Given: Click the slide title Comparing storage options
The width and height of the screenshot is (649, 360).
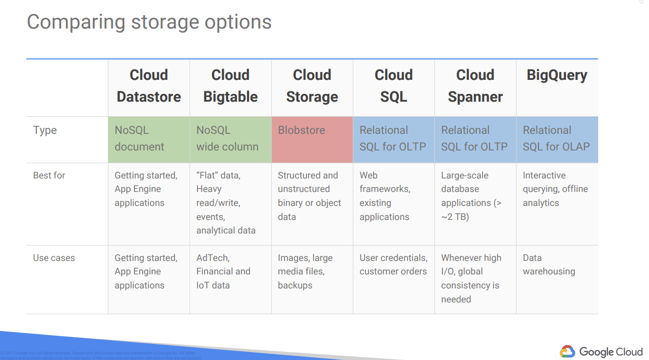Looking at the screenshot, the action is (149, 22).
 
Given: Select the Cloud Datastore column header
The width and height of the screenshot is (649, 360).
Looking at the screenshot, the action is (149, 86).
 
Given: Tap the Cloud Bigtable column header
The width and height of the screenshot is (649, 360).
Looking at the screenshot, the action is (231, 86).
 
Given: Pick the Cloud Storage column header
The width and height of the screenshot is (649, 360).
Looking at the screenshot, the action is (312, 86).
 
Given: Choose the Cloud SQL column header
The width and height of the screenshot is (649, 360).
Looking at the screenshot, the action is (394, 86).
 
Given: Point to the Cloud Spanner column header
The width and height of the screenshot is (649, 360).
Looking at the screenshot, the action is (475, 86).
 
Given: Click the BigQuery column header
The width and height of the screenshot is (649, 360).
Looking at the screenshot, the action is (557, 75).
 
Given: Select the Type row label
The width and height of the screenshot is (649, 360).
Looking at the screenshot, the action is (45, 130).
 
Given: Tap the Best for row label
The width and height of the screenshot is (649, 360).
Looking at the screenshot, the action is (49, 175).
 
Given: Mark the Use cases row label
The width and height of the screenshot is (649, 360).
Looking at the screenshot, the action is (54, 258).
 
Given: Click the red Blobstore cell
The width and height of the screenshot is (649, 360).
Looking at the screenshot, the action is (312, 139).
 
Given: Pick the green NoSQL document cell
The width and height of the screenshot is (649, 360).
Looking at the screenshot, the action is (149, 139).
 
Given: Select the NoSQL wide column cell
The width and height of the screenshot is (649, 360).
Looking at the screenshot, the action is (231, 139).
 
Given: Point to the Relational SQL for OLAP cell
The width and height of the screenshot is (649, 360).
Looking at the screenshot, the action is (557, 139).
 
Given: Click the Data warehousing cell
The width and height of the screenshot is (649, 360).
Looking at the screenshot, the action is (549, 265).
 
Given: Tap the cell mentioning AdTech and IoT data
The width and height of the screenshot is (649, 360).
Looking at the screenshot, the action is (223, 271).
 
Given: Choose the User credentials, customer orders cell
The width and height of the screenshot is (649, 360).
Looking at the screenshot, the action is (393, 265).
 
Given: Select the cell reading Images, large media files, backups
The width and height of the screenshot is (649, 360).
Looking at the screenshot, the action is (305, 271).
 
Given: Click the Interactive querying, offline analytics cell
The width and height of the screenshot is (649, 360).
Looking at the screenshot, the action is (555, 189).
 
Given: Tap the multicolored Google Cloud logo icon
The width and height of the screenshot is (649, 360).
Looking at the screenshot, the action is (568, 351).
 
